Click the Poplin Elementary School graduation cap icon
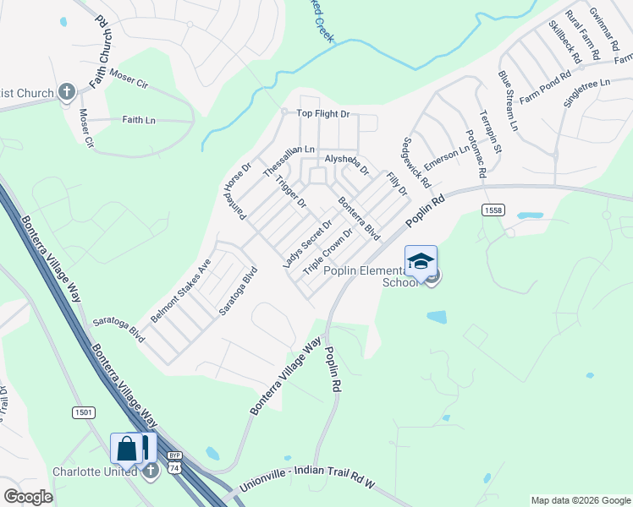(421, 260)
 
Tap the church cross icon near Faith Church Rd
(69, 91)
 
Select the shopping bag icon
(127, 448)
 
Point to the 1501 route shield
(84, 412)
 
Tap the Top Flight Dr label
(322, 114)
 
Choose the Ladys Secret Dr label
(307, 244)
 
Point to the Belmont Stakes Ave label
(180, 291)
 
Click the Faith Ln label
(139, 120)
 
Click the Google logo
(29, 496)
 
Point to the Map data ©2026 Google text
(580, 500)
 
